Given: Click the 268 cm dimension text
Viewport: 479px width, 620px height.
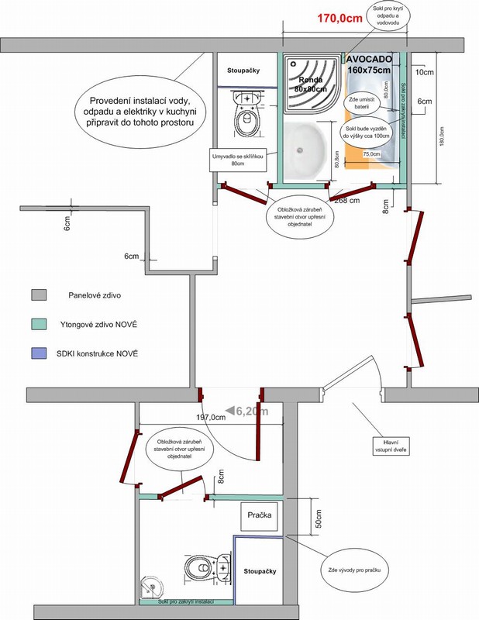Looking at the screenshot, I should point(346,200).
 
